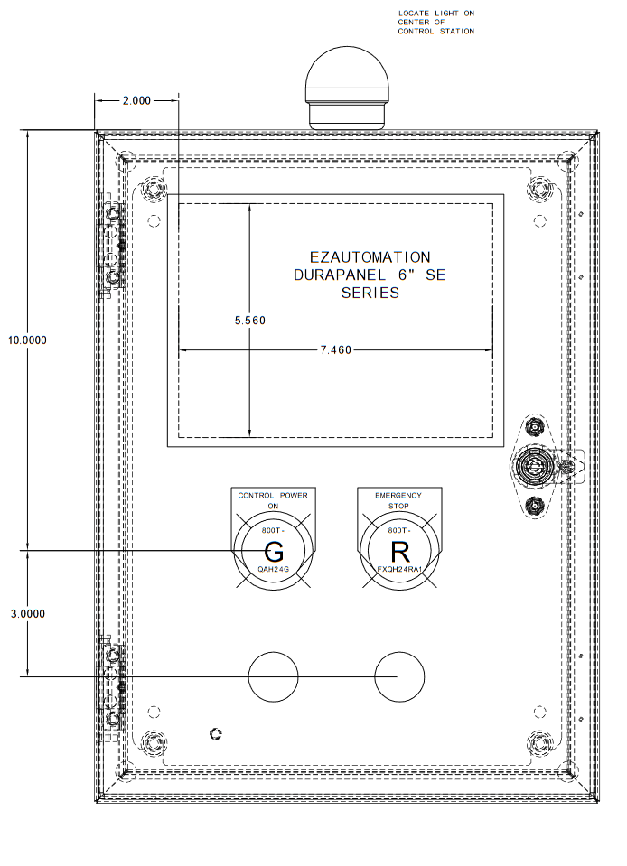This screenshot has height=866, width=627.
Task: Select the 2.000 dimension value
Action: pyautogui.click(x=136, y=100)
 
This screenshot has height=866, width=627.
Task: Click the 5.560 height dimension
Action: pyautogui.click(x=249, y=320)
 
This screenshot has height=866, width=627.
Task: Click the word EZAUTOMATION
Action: pyautogui.click(x=370, y=257)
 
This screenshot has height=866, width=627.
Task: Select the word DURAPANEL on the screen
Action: pyautogui.click(x=332, y=275)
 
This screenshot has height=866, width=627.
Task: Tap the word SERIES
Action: pyautogui.click(x=370, y=293)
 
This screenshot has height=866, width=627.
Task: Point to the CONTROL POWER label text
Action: pyautogui.click(x=273, y=496)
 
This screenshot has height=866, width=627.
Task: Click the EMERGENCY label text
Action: pyautogui.click(x=398, y=496)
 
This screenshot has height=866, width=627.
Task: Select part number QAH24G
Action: pyautogui.click(x=273, y=571)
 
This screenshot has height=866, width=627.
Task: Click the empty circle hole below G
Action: pyautogui.click(x=273, y=676)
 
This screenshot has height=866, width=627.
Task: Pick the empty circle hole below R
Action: pyautogui.click(x=398, y=676)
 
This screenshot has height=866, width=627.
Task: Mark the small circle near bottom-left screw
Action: pyautogui.click(x=215, y=733)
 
